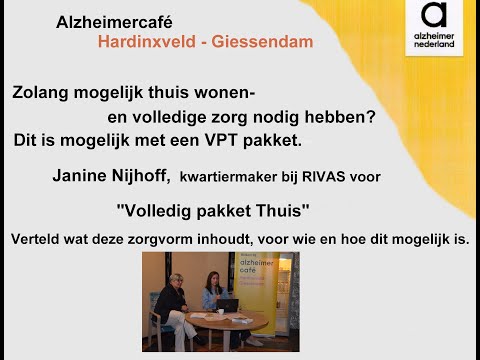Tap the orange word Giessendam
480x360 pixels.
point(263,42)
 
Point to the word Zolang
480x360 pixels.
point(42,92)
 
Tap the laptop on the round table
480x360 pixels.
point(229,305)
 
